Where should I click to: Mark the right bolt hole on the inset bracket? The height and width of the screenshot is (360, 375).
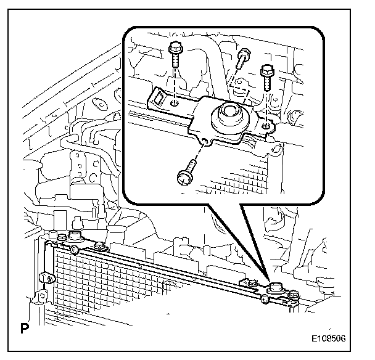[265, 126]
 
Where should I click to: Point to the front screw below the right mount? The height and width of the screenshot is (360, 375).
[263, 299]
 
